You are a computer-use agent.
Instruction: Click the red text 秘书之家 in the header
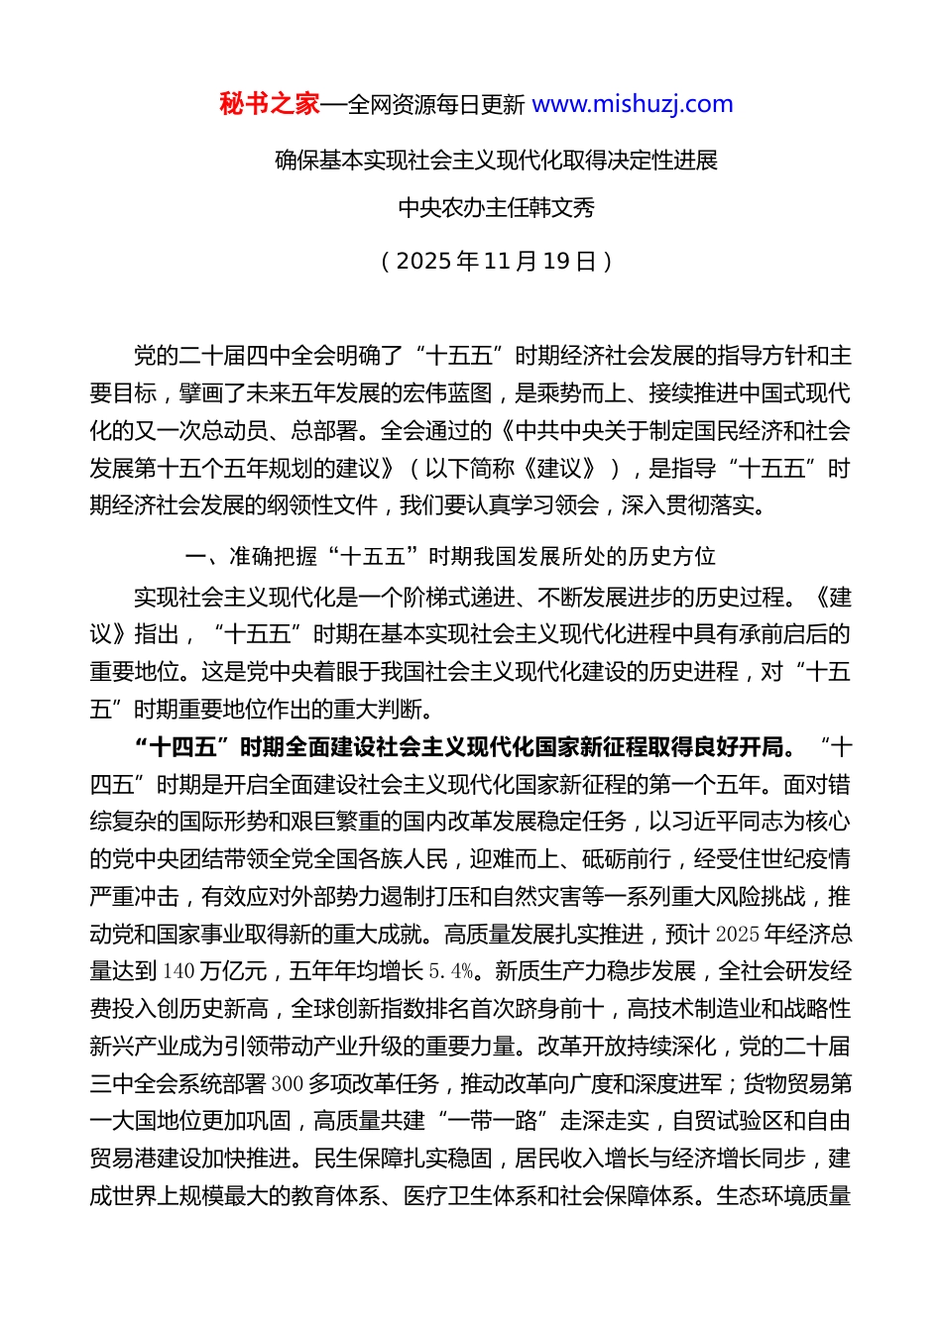tap(270, 104)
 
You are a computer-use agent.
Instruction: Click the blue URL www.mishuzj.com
tap(633, 104)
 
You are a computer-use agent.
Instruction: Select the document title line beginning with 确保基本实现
tap(496, 161)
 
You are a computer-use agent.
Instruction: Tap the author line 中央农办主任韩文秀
tap(496, 208)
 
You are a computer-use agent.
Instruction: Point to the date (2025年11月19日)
tap(496, 261)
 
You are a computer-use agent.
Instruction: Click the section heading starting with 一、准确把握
tap(450, 556)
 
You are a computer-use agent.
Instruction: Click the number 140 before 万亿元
tap(178, 971)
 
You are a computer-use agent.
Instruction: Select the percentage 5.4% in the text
tap(451, 971)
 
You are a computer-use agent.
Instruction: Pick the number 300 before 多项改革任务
tap(287, 1083)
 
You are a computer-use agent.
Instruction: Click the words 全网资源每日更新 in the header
tap(436, 104)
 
